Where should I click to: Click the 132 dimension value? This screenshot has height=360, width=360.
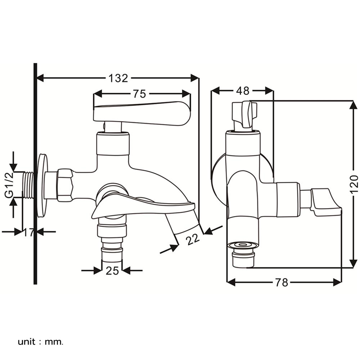(x=118, y=78)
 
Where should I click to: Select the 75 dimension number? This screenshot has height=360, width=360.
(x=139, y=94)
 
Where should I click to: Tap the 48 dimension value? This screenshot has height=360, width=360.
(x=243, y=91)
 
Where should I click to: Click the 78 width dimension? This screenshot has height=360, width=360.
(x=282, y=283)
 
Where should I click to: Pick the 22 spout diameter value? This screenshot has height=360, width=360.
(x=193, y=239)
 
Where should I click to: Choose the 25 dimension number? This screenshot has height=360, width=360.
(x=112, y=270)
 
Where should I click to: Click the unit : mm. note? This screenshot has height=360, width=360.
(x=40, y=341)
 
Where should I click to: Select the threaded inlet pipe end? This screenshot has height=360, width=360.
(x=28, y=184)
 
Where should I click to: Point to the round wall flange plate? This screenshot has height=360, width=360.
(x=42, y=185)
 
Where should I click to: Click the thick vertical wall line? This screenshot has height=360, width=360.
(x=35, y=173)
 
